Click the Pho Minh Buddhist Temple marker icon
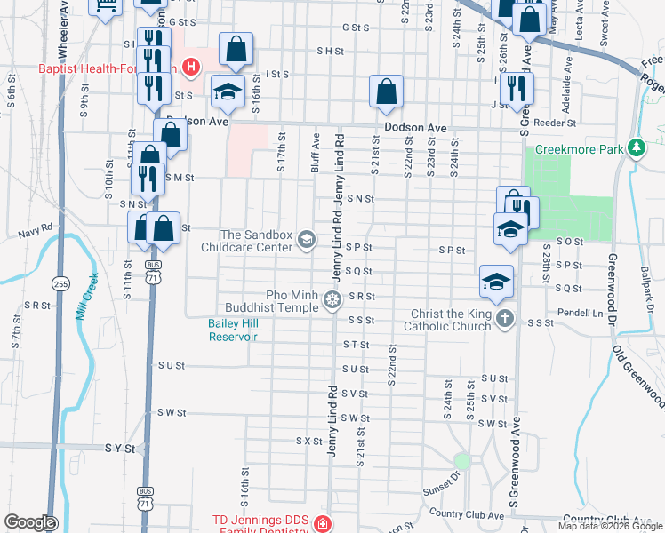[x=332, y=300]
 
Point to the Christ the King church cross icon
[x=505, y=319]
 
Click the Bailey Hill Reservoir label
[x=233, y=330]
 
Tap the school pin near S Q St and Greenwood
[x=496, y=282]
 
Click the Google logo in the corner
[x=29, y=523]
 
